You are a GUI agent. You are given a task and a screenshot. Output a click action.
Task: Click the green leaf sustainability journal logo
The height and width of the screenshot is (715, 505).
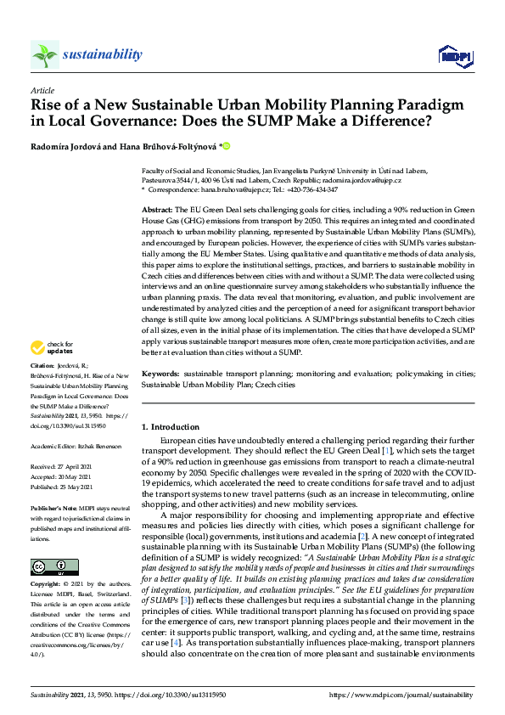[45, 55]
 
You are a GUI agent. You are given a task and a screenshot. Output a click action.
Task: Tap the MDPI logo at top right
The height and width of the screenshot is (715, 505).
[453, 56]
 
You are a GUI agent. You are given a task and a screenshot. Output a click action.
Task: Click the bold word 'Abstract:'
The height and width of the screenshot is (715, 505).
[157, 209]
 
